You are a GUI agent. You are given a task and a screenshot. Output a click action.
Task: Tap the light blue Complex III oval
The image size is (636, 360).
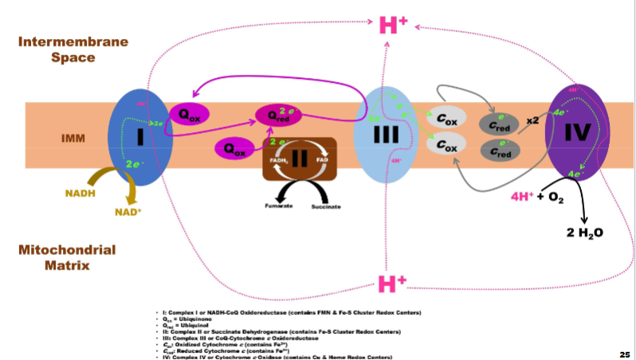pyautogui.click(x=386, y=136)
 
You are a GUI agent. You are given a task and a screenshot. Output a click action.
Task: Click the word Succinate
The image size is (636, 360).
pyautogui.click(x=326, y=206)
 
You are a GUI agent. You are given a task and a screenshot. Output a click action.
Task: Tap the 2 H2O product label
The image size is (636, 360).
pyautogui.click(x=585, y=233)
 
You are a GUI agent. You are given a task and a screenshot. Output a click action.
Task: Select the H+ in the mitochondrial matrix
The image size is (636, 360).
pyautogui.click(x=392, y=283)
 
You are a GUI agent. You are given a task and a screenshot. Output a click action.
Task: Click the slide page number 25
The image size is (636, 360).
pyautogui.click(x=624, y=352)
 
